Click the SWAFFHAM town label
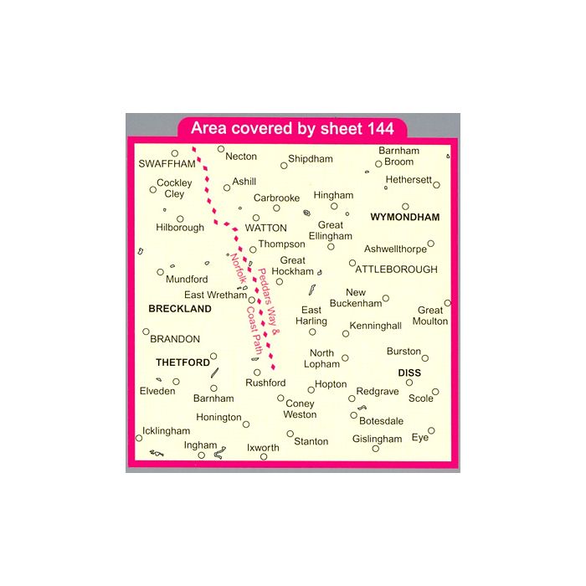point(161,163)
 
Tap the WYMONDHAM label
point(404,217)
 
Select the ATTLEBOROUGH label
point(397,270)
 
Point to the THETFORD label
point(182,362)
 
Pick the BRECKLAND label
point(180,309)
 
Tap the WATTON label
point(266,228)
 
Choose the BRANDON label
point(174,339)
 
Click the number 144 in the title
point(386,129)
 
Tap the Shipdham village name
point(310,158)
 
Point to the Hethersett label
point(409,179)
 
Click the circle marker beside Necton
point(222,149)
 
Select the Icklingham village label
point(167,430)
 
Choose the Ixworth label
point(264,448)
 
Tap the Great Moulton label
point(432,316)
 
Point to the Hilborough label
point(180,228)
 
